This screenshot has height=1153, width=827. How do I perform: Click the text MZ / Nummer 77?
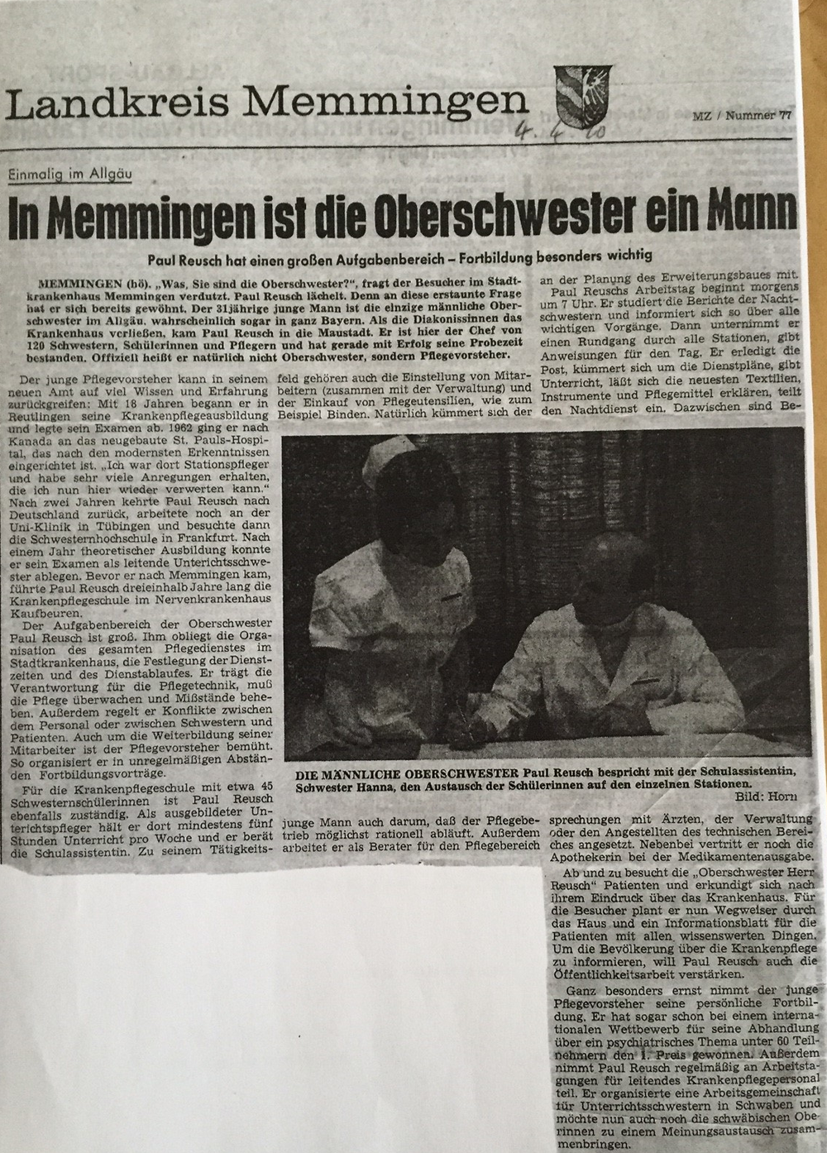[x=741, y=116]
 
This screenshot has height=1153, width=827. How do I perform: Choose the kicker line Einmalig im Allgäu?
[x=71, y=173]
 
